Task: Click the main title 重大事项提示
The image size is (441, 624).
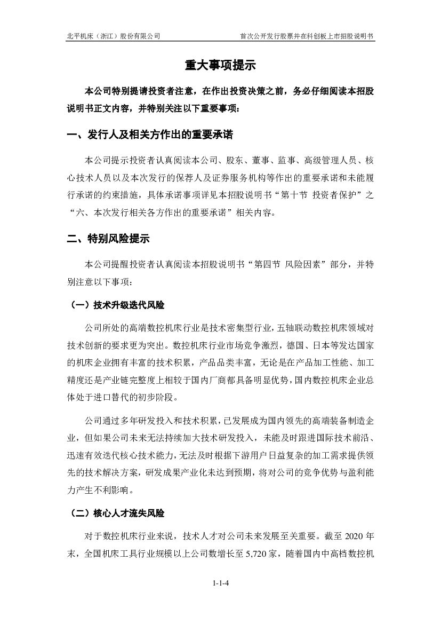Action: click(x=220, y=65)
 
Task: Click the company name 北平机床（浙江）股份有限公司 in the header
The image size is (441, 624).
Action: click(x=114, y=36)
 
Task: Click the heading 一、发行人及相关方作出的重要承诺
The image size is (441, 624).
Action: click(x=150, y=135)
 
